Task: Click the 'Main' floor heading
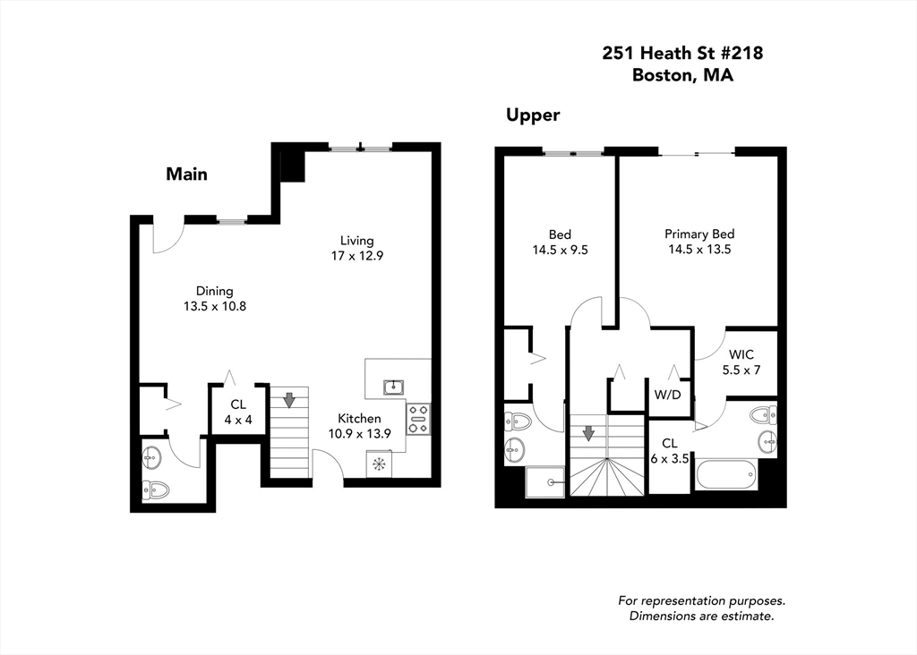186,174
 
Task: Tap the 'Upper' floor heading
533,115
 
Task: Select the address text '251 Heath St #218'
682,54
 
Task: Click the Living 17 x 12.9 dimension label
356,248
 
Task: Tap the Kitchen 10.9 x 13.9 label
359,426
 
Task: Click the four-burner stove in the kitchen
418,418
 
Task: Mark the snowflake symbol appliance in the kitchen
379,464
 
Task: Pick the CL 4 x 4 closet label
237,412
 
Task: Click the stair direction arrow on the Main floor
288,399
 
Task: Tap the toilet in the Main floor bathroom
156,489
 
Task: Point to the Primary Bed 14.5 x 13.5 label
699,242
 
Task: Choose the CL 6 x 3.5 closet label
669,450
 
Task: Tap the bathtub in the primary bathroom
727,474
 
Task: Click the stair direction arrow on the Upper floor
588,434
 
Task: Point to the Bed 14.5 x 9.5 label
560,242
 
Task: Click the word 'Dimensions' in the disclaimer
664,616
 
